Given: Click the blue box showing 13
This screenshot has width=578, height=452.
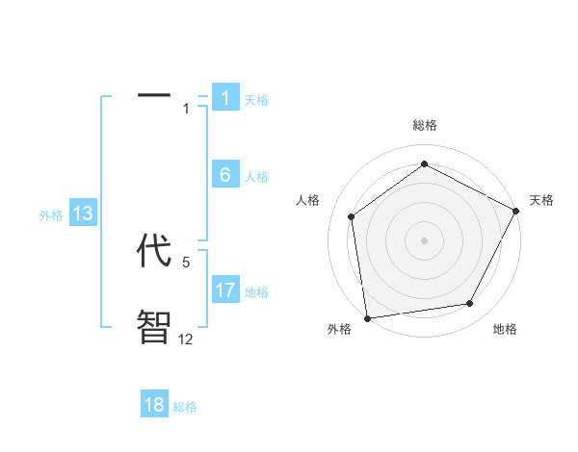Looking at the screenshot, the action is [83, 213].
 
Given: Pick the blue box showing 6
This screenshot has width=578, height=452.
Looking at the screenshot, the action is [225, 175].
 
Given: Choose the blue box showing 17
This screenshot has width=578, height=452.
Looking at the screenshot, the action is [225, 290].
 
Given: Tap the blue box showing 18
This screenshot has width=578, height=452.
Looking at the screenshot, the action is [154, 405].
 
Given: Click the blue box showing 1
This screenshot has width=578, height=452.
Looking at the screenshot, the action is [225, 97].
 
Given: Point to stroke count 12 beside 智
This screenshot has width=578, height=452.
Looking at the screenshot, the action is [186, 339].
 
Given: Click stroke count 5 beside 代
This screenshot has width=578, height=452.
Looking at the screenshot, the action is [186, 262].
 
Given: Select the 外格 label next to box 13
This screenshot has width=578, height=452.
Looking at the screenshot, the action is [51, 215].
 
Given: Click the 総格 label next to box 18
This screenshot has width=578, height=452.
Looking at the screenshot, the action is [185, 407].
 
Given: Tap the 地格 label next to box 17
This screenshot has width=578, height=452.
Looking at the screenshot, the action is [256, 292].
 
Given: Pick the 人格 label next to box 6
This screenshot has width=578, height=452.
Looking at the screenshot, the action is [256, 177].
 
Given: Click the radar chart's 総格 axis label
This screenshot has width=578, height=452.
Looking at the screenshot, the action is [424, 125].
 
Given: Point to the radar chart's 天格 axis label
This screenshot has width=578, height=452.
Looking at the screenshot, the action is [541, 200].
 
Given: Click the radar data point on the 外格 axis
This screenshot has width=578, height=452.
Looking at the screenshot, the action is [366, 317].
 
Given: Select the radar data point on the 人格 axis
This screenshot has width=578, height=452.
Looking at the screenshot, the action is [352, 216].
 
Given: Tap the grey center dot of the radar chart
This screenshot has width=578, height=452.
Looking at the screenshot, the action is [424, 239].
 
